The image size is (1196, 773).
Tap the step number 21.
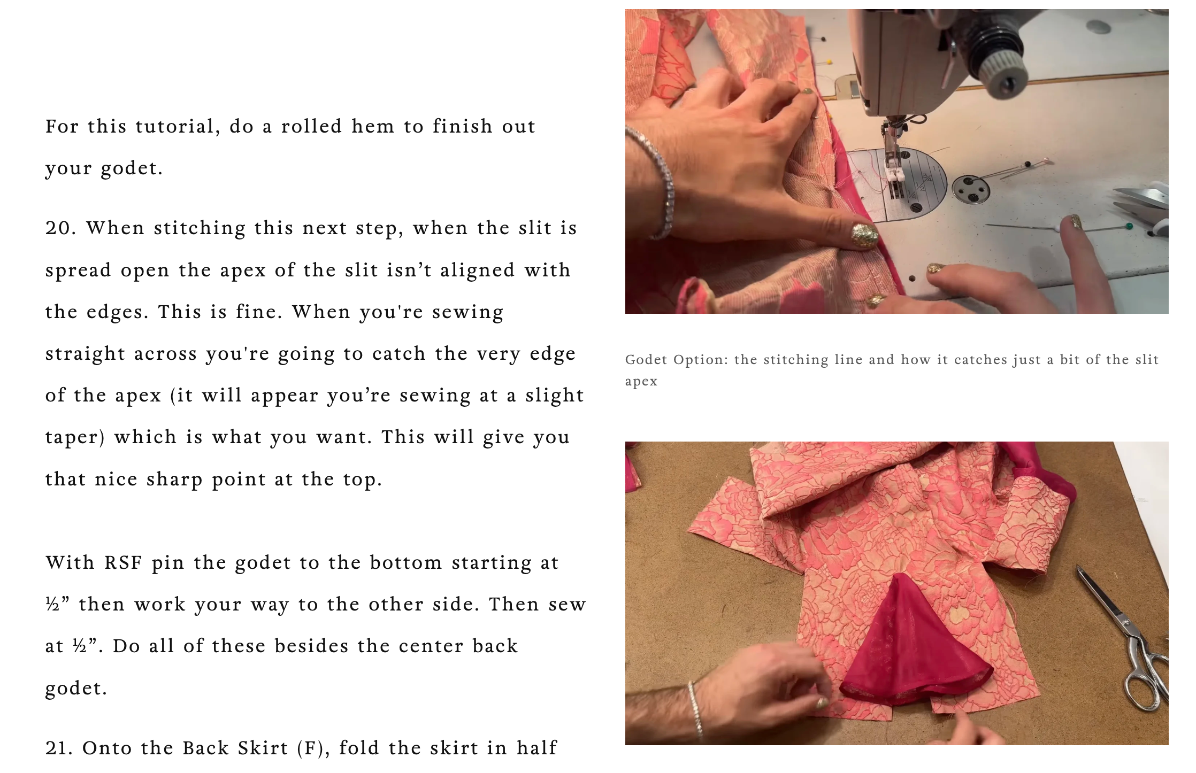(x=60, y=748)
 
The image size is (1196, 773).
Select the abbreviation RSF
(x=124, y=563)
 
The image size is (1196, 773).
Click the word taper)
(x=75, y=438)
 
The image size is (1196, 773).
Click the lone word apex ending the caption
(x=641, y=382)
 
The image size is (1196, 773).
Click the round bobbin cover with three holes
(x=971, y=189)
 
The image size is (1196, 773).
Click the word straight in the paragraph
(x=85, y=354)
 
